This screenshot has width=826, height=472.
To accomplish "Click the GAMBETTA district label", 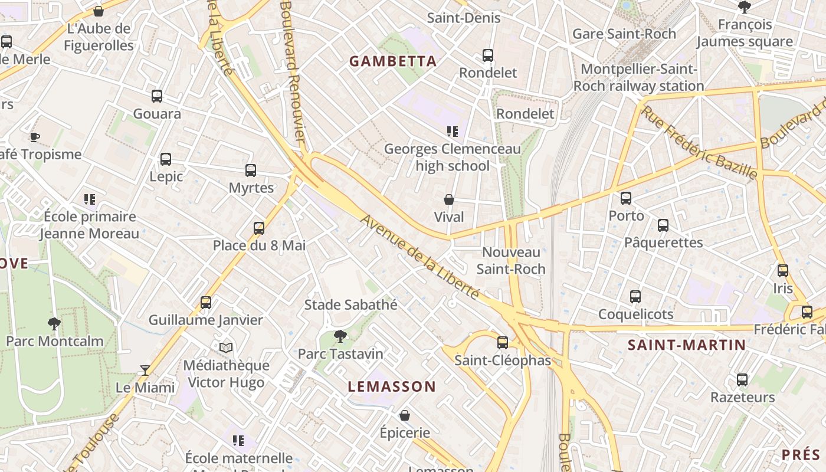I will coord(393,61).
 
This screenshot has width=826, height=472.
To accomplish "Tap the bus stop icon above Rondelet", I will coord(488,55).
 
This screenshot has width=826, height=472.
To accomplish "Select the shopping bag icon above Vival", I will coord(449,199).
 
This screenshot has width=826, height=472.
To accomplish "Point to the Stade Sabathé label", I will coord(350,305).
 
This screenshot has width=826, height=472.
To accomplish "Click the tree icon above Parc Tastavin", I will coord(340,336).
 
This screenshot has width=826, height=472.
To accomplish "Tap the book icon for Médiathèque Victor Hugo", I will coord(226,348).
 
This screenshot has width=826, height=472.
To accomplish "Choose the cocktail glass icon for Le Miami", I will coord(145,370).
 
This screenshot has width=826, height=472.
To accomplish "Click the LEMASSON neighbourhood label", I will coord(392,387).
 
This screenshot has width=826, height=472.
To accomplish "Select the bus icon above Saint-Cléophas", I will coord(503,342).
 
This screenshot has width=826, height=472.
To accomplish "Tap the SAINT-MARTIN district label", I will coord(686,345).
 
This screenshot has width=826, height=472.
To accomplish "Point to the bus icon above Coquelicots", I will coord(635,296).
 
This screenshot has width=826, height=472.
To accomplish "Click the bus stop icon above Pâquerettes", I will coord(663,225).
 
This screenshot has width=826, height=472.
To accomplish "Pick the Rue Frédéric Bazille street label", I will coord(699,143).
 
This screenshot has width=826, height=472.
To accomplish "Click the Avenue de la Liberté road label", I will coord(419,257).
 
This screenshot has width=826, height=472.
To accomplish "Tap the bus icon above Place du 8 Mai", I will coord(258,228).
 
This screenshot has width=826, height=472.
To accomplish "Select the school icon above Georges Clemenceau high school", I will coord(453,131).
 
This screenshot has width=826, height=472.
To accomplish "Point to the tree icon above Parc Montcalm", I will coord(54,323).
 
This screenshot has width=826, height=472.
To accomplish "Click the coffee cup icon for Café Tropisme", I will coord(35,137).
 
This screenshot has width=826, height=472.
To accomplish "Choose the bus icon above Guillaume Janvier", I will coord(205,302).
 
